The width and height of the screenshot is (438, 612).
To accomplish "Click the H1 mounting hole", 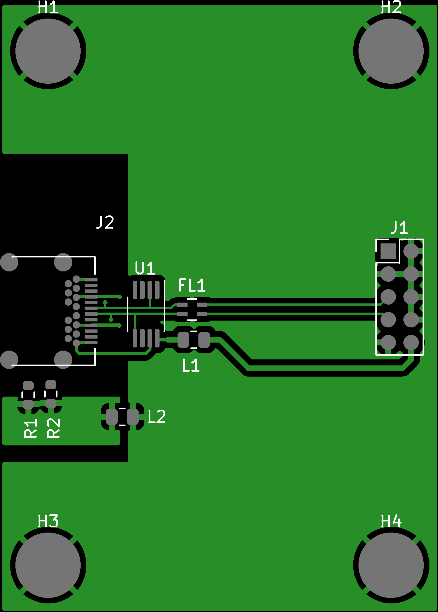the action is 48,51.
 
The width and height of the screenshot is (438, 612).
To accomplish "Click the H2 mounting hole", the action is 391,51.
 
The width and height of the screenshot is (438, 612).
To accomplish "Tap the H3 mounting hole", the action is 48,565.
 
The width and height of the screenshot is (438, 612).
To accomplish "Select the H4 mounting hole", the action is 391,565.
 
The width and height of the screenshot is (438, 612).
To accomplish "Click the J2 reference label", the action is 105,222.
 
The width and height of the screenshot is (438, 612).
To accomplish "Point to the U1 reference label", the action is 145,268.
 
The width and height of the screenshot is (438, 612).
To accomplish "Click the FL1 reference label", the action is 192,285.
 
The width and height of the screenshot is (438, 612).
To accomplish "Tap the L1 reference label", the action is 191,365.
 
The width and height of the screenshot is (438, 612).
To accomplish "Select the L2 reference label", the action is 157,417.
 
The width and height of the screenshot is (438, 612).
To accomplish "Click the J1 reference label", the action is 399,228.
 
